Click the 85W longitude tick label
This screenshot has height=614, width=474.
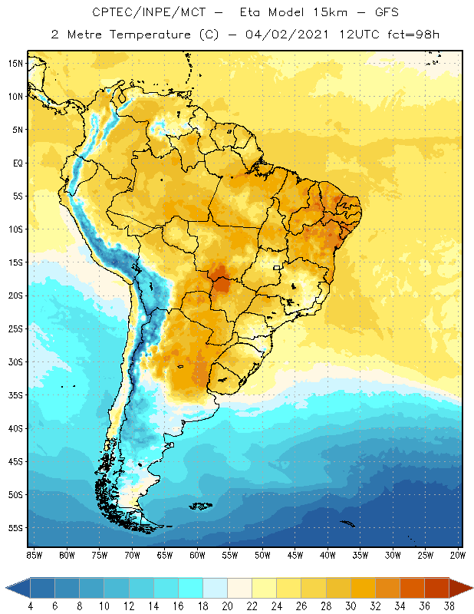pos(35,555)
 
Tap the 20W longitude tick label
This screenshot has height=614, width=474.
pos(458,555)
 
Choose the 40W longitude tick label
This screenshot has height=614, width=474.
pos(328,555)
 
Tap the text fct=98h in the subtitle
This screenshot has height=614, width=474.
pos(413,34)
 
